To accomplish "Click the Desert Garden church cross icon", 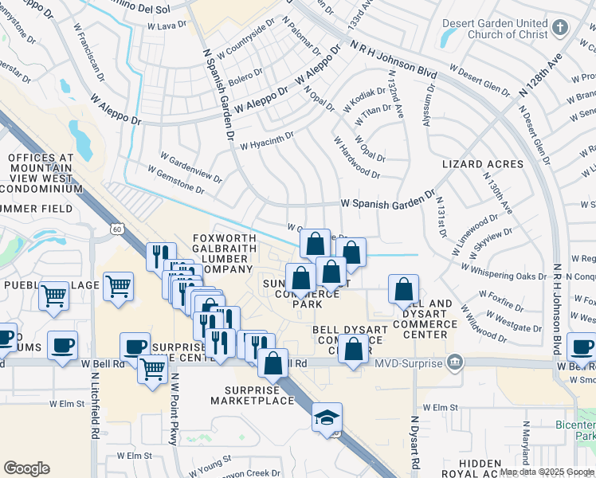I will [560, 29].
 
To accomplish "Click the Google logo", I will [26, 469].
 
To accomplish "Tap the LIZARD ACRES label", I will [483, 165].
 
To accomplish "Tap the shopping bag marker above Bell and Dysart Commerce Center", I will [403, 289].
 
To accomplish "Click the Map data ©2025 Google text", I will [545, 472].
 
